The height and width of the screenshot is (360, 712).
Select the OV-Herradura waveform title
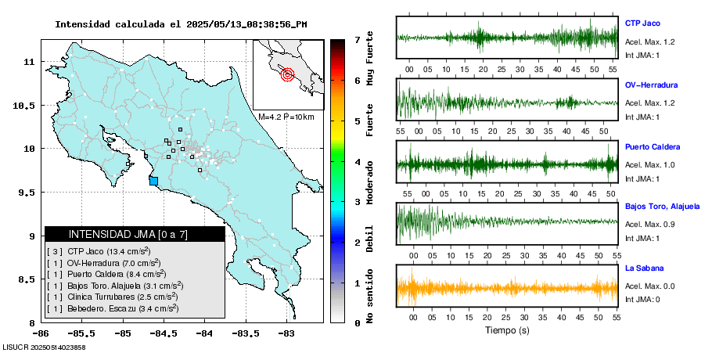tap(651, 85)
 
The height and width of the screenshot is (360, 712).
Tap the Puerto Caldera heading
tap(653, 146)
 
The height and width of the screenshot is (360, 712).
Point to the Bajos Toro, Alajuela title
tap(662, 207)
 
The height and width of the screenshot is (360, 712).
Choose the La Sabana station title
tap(643, 268)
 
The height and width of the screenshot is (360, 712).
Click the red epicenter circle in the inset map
tap(287, 75)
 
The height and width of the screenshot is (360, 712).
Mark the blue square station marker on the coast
tap(153, 181)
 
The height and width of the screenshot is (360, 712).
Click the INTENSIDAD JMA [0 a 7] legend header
tap(128, 234)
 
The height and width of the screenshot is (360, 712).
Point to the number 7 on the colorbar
tap(357, 39)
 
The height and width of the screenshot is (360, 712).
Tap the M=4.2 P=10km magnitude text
tap(286, 117)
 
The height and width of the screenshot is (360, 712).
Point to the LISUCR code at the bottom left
tap(44, 347)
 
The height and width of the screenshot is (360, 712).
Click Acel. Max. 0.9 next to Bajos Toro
tap(650, 225)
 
